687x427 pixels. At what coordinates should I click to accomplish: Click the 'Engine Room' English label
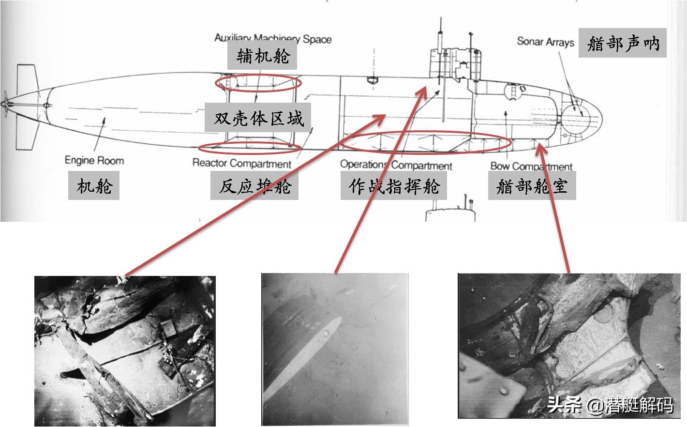[94, 161]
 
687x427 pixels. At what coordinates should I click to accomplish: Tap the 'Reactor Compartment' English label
[242, 163]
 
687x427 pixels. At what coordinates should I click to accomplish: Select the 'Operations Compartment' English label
[396, 165]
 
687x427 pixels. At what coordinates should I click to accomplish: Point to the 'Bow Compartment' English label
[531, 167]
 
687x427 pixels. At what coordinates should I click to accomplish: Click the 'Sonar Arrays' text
[545, 42]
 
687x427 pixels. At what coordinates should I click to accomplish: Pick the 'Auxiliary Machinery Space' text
[273, 38]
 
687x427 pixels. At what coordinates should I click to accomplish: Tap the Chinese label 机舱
[94, 185]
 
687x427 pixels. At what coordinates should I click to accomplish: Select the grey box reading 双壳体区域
[257, 118]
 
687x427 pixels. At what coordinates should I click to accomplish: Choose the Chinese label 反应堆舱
[254, 185]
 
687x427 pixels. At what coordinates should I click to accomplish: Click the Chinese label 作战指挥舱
[393, 185]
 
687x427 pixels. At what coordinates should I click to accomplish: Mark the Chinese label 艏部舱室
[532, 185]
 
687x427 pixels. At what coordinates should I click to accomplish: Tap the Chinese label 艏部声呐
[623, 43]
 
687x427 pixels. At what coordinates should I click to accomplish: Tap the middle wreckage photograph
[335, 349]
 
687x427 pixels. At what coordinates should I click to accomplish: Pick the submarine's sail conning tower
[454, 63]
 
